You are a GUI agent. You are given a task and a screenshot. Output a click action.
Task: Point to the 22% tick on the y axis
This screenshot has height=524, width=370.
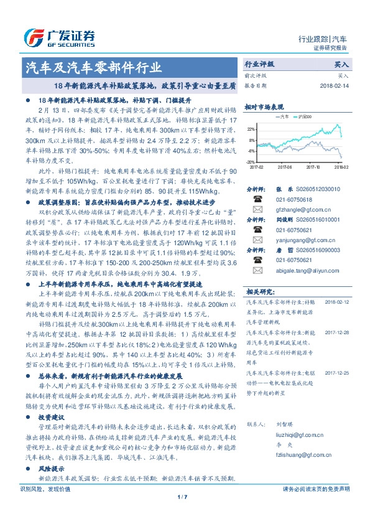251,129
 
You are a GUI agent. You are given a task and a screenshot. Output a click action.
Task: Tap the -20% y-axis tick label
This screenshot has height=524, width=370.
251,161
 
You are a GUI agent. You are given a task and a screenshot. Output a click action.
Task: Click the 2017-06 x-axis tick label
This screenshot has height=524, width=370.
285,167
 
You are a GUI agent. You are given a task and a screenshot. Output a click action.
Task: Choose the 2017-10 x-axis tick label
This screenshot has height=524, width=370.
313,167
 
